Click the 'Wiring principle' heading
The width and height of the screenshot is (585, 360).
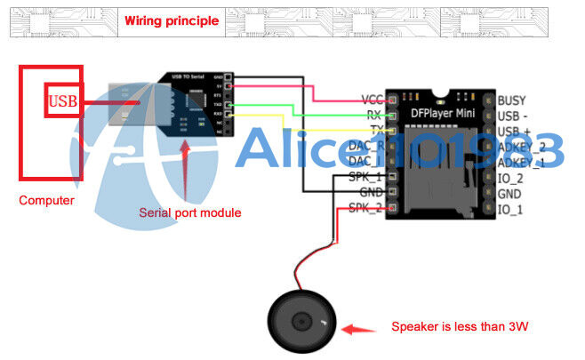click(x=172, y=20)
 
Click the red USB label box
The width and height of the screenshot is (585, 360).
click(x=63, y=100)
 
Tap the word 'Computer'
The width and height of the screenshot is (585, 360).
click(x=46, y=200)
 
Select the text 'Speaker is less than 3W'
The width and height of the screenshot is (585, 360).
click(x=461, y=326)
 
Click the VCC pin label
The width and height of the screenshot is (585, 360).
click(x=372, y=100)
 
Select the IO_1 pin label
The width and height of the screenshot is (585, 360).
click(x=510, y=209)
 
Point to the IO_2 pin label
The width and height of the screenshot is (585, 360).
click(x=510, y=178)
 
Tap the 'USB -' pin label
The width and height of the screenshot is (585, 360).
click(x=513, y=116)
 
